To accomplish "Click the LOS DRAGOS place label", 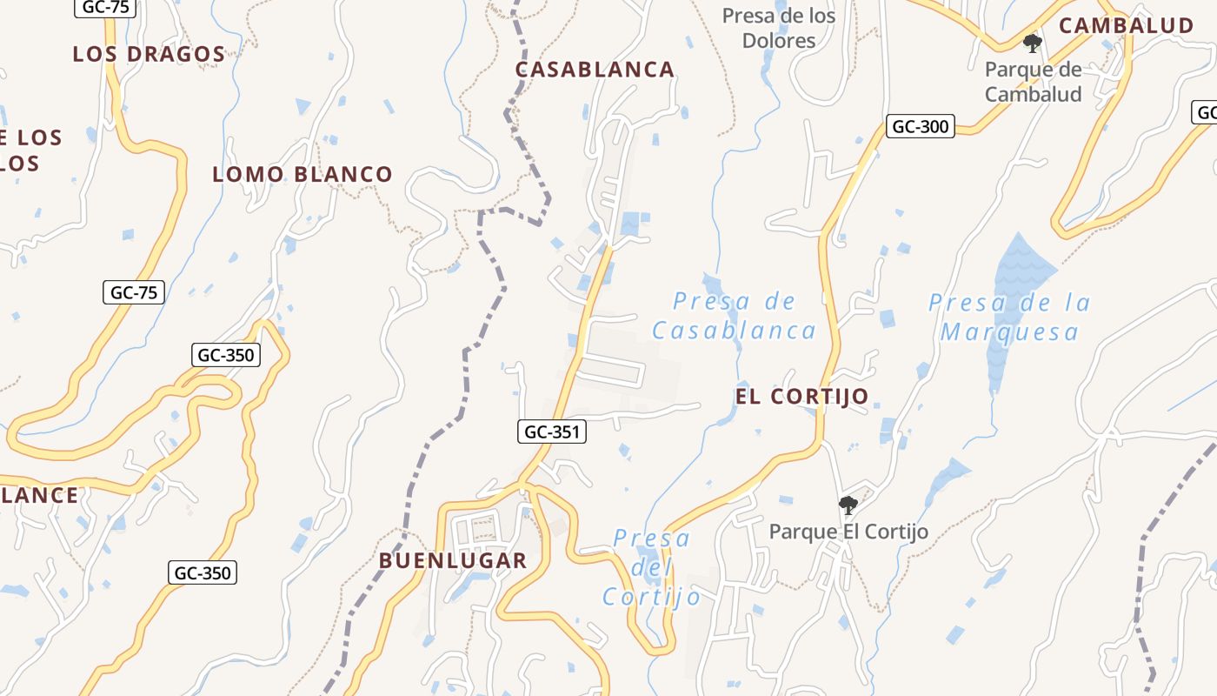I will (x=149, y=54).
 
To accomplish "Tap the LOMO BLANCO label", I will (x=303, y=174).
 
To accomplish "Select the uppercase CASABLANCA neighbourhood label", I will (x=595, y=70).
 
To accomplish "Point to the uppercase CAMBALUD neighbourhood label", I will (x=1126, y=25).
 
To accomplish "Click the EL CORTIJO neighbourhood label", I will (x=801, y=397).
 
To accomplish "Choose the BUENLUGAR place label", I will (x=453, y=560).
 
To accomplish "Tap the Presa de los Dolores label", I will (x=779, y=28).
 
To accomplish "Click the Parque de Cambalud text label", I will (x=1033, y=82).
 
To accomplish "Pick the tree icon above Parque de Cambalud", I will (x=1033, y=43).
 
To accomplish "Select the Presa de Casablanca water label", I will (x=735, y=316).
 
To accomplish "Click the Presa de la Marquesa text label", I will (x=1009, y=317).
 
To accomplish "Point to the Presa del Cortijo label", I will (x=652, y=567).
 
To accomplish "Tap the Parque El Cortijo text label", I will (x=848, y=532).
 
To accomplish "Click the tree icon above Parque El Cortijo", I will (x=848, y=505).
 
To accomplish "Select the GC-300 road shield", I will (x=921, y=126).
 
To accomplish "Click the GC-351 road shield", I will (x=553, y=431).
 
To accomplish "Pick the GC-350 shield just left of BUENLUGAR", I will (x=203, y=572).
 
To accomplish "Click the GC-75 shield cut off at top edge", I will (x=105, y=7).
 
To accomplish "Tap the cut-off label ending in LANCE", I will (x=39, y=496).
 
